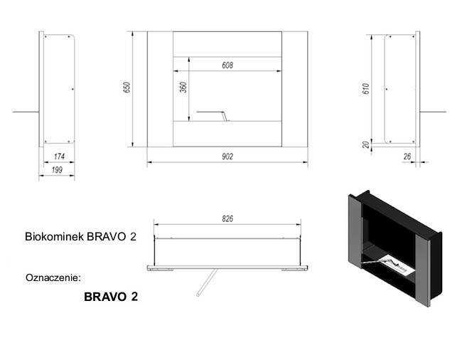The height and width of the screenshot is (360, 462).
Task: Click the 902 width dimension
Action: pyautogui.click(x=227, y=156)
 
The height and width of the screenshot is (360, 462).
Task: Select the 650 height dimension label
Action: pyautogui.click(x=127, y=88)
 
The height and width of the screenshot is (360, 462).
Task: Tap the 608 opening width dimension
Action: pyautogui.click(x=227, y=65)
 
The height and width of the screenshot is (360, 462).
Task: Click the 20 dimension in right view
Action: pyautogui.click(x=365, y=144)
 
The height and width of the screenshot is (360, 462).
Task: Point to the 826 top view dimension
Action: pyautogui.click(x=227, y=218)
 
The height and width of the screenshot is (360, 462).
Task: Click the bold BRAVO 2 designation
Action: pyautogui.click(x=111, y=297)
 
